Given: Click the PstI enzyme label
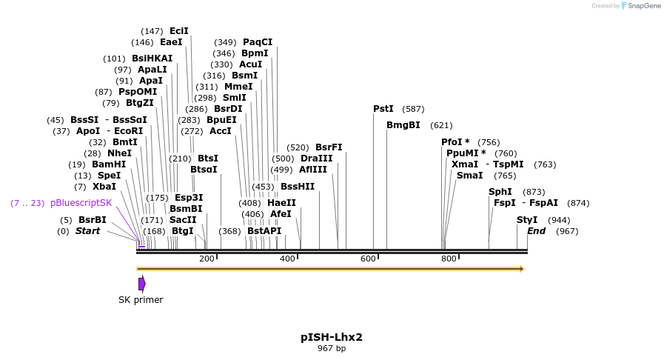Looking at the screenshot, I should (x=383, y=109).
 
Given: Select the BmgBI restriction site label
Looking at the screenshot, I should (x=403, y=125).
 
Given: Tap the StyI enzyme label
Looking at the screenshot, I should (x=527, y=220).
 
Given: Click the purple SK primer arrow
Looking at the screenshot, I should (x=141, y=284).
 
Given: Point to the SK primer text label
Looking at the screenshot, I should (x=141, y=300).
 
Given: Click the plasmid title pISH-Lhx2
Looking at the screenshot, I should (x=332, y=337).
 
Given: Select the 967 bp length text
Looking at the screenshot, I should (x=332, y=348).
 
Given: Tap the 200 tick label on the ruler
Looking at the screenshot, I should (x=207, y=259).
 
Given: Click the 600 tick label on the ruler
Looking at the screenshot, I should (x=368, y=259).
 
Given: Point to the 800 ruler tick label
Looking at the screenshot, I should (x=449, y=259).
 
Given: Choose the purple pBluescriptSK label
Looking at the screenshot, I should (x=81, y=203).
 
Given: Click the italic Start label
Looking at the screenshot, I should (x=87, y=231).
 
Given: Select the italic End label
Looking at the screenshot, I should (x=536, y=231).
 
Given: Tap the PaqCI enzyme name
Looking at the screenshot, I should (x=258, y=42).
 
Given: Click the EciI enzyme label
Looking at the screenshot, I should (x=179, y=31).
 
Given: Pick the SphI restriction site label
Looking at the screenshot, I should (x=500, y=192).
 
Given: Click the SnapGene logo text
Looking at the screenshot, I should (x=640, y=6).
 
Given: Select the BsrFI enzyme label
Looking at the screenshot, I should (x=329, y=147).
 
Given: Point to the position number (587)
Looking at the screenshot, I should (x=414, y=109).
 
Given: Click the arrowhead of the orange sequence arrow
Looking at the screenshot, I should (x=522, y=269).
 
